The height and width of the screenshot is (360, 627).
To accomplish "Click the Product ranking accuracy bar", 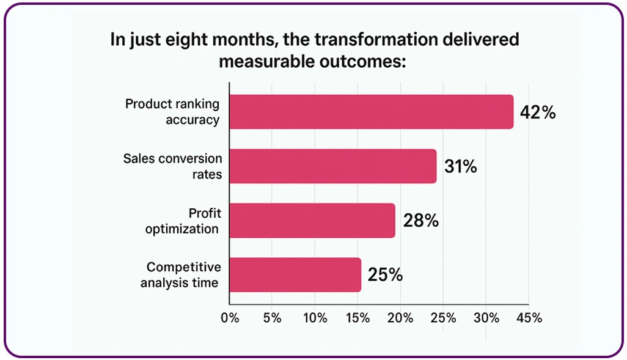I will pos(371,112).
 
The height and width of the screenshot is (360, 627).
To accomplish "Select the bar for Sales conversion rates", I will pos(332,166).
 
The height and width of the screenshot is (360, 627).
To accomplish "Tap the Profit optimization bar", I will pos(312,220).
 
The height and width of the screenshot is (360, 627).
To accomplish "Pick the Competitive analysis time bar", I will pos(295,274).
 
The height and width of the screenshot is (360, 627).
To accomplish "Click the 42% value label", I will pos(537,112).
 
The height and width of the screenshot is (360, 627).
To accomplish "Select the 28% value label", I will pos(420,221).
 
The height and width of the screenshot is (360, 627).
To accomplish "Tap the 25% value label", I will pos(385,275).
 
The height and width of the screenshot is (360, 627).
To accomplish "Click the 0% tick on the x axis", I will pos(229,318).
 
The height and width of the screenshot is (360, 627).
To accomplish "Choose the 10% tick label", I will pos(315,318).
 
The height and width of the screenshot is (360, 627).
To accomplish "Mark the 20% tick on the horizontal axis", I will pos(400,318).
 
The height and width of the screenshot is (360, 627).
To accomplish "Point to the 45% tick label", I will pos(529,318).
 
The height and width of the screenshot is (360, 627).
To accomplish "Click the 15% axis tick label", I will pos(358,318).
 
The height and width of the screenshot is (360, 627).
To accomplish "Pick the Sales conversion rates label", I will pos(172,167).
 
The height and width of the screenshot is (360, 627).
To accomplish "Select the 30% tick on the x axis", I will pos(486,318).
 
